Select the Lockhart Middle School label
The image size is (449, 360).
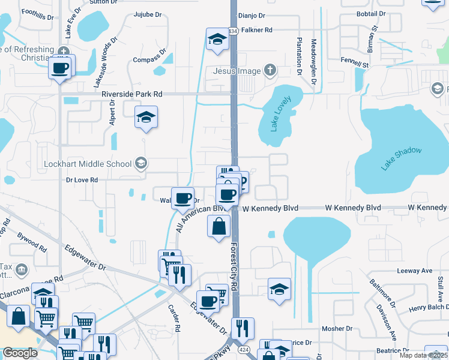click(88, 163)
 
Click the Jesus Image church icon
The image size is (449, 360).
click(270, 70)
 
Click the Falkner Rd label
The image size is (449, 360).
click(256, 29)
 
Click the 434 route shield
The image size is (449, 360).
click(233, 30)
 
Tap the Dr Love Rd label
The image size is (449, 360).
click(82, 179)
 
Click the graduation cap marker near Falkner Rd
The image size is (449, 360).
click(217, 40)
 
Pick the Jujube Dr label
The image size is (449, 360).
click(148, 14)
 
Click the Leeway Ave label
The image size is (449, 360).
click(415, 271)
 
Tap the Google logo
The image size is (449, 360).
click(20, 353)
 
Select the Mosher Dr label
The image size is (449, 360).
click(337, 328)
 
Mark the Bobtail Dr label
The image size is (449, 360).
click(370, 13)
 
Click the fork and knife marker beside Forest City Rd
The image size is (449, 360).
click(243, 328)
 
